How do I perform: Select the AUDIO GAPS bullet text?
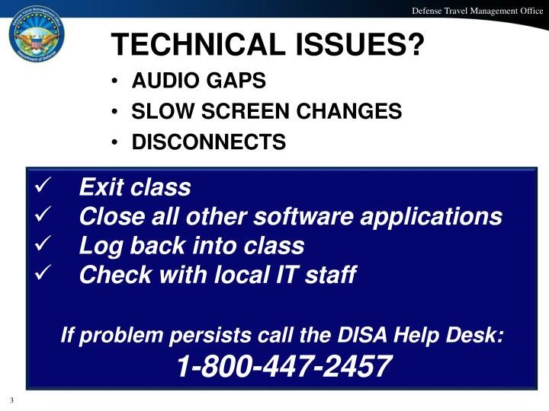coord(199,81)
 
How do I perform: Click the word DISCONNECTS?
coord(209,142)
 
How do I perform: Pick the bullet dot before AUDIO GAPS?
coord(114,81)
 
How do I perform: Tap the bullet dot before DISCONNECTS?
coord(114,143)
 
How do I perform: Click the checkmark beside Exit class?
coord(43,186)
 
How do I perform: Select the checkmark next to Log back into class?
coord(43,245)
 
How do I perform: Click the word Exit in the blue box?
coord(101,186)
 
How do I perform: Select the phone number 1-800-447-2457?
coord(284,368)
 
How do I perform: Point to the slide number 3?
coord(12,400)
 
